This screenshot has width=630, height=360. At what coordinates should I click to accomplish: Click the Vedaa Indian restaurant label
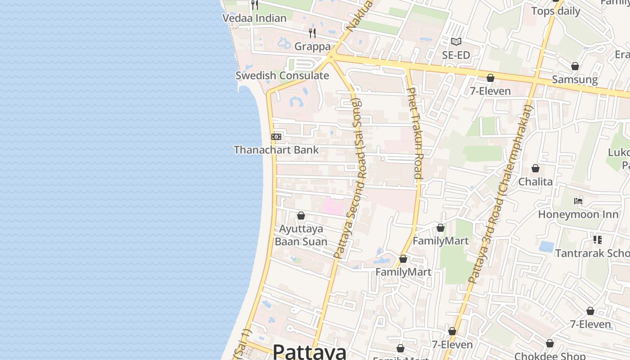click(255, 18)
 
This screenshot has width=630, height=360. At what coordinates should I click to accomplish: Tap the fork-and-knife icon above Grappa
click(312, 33)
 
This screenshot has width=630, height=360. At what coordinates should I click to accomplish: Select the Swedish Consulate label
click(282, 76)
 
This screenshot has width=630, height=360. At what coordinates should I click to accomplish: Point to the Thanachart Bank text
click(276, 150)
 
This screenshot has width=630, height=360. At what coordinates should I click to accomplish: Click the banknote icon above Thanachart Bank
click(276, 136)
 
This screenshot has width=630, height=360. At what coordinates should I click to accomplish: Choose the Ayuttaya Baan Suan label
click(301, 235)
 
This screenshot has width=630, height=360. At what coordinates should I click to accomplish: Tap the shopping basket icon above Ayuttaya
click(301, 216)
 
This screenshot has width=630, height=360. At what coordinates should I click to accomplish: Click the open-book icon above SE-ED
click(456, 42)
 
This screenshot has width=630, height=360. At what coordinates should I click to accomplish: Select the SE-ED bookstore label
click(456, 55)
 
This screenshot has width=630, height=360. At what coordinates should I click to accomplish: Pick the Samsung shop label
click(575, 80)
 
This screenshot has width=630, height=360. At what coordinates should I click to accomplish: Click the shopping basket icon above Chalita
click(535, 168)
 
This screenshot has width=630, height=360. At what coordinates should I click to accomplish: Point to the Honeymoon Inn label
click(578, 214)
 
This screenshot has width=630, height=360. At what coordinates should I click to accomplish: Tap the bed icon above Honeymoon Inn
click(578, 201)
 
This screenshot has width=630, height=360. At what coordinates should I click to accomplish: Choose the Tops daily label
click(556, 11)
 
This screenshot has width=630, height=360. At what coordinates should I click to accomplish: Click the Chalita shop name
click(535, 182)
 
